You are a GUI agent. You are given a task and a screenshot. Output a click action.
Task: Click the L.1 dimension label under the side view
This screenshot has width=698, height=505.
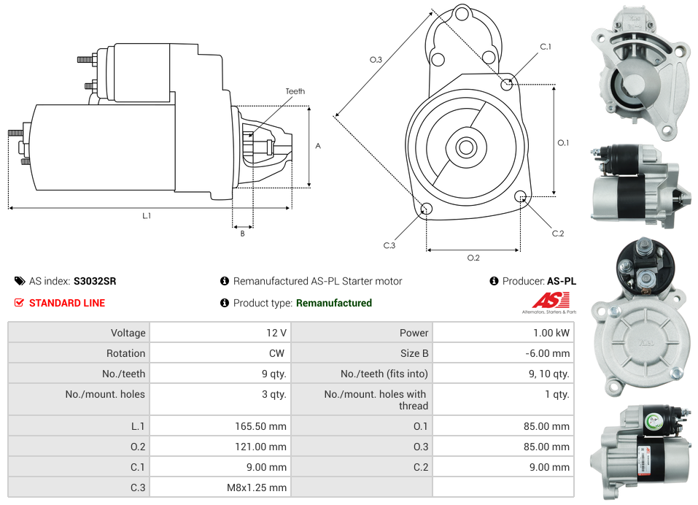(147, 215)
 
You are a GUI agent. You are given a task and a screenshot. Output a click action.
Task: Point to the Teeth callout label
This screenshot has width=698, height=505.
(295, 91)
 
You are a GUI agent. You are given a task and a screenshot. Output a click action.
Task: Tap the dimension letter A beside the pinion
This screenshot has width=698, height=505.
(318, 146)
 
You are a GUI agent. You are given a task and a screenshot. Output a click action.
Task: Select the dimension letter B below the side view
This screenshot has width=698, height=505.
(242, 234)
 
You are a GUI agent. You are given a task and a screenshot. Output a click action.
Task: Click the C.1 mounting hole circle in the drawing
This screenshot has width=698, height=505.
(507, 84)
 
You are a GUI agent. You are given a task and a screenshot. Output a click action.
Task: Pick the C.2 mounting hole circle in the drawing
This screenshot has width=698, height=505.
(521, 196)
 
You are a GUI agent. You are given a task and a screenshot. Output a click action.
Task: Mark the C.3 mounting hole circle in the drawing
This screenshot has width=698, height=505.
(427, 210)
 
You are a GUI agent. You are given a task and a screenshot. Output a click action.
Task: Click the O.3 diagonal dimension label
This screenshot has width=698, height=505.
(376, 60)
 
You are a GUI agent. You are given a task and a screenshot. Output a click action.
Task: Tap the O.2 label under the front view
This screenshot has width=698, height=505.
(473, 257)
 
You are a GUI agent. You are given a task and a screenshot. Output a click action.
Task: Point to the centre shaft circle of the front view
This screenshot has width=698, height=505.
(465, 147)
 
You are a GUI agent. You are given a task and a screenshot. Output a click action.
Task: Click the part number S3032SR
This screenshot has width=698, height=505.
(95, 281)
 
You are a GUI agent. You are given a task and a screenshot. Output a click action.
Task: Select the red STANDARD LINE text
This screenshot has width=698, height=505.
(67, 303)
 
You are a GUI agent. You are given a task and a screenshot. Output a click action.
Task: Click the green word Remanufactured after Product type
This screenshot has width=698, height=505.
(334, 303)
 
